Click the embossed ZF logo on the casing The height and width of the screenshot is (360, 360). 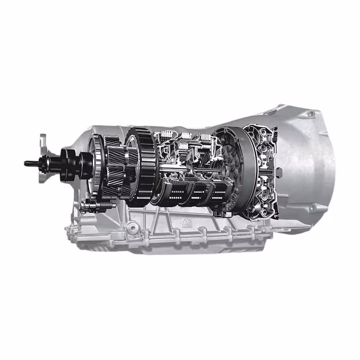click(x=185, y=222)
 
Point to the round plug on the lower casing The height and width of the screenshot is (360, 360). click(x=132, y=229)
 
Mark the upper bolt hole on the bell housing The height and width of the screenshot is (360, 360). click(x=310, y=114)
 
